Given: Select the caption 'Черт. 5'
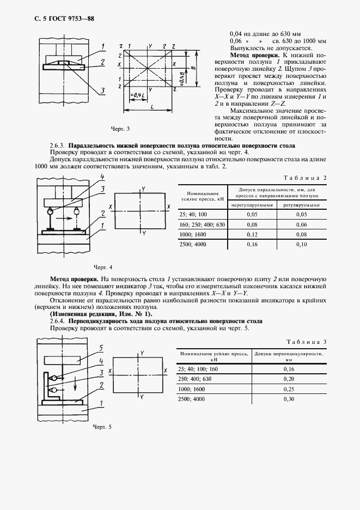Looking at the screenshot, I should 102,426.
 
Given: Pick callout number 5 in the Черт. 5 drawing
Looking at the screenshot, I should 101,347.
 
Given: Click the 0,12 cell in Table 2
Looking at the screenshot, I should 252,233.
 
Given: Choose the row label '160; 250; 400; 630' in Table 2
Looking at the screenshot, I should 202,224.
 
